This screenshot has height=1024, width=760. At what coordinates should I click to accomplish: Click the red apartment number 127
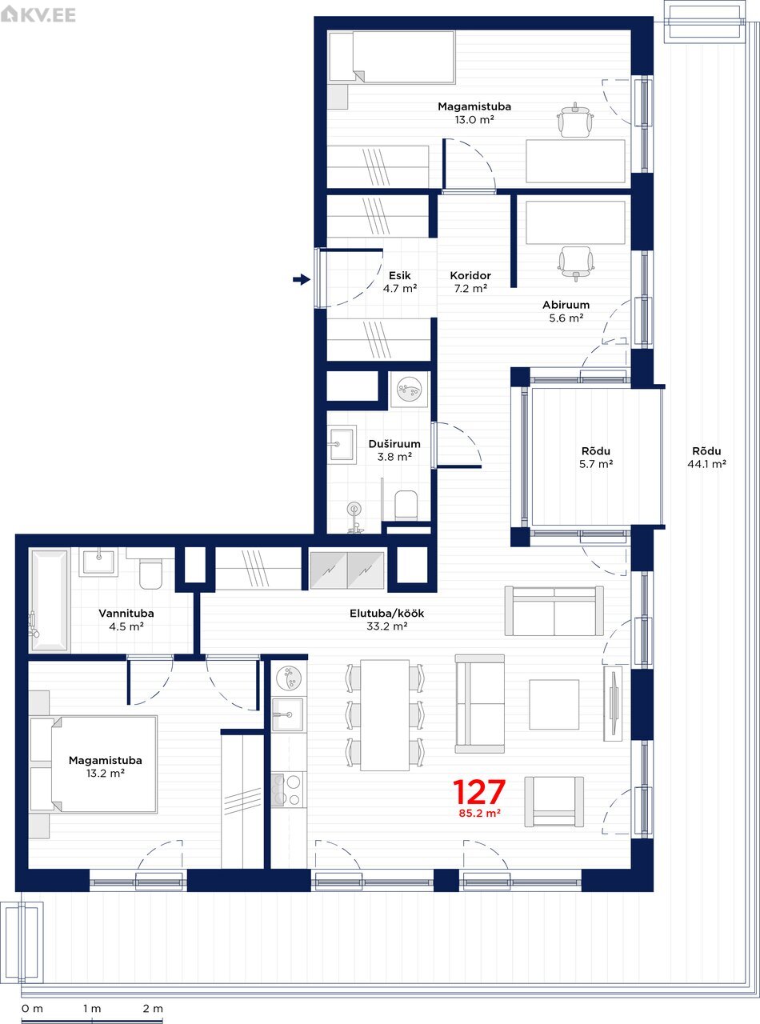click(479, 792)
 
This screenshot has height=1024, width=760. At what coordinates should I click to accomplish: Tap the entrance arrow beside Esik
click(302, 279)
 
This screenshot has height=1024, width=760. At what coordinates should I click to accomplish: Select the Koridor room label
click(470, 276)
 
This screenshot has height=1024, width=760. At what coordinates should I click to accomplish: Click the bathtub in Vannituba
click(50, 600)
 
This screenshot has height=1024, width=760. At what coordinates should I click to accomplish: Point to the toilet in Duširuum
click(406, 505)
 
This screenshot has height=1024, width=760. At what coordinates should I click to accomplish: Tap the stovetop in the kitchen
click(289, 790)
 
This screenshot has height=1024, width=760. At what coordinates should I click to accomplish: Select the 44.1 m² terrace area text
click(706, 464)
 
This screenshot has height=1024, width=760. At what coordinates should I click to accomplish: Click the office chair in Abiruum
click(575, 263)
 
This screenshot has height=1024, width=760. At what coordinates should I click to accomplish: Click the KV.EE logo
click(38, 14)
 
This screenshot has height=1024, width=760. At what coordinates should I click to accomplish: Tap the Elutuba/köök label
click(386, 614)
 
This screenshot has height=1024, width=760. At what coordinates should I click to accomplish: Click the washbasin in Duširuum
click(342, 445)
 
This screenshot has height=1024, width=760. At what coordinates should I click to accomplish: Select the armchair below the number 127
click(554, 801)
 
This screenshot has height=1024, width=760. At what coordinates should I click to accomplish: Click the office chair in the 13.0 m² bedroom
click(575, 119)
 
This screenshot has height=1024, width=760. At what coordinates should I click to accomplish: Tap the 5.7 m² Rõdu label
click(596, 458)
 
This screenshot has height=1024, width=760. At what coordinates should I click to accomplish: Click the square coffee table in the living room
click(554, 705)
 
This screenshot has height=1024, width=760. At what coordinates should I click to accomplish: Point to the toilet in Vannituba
click(150, 574)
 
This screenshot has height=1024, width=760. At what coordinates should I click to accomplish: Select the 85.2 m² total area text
click(480, 814)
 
